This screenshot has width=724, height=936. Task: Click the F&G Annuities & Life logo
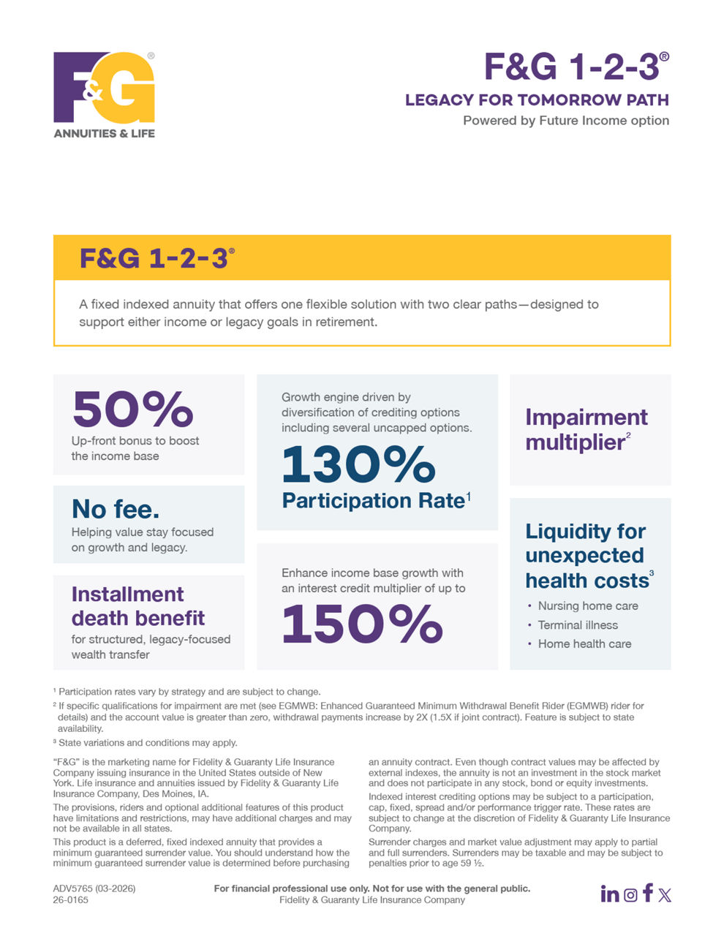(104, 94)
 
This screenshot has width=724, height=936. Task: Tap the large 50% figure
(132, 409)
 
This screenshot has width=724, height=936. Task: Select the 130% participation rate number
(358, 465)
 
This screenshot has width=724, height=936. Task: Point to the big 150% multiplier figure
(362, 624)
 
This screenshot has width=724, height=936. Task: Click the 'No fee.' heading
(116, 509)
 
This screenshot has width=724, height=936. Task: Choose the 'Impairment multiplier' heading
(586, 429)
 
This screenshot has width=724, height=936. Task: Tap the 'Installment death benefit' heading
(137, 606)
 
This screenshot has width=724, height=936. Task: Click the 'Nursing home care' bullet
(588, 606)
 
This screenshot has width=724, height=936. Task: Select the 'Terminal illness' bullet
(578, 625)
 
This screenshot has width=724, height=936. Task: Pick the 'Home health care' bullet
(584, 644)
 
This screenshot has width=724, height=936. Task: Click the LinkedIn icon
(610, 894)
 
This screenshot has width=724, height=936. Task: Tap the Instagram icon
(630, 894)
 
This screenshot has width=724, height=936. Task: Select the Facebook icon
(648, 893)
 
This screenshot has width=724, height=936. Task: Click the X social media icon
(665, 894)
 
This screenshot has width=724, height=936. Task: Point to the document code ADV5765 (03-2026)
(94, 889)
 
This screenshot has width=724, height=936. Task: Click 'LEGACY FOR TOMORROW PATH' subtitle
(537, 100)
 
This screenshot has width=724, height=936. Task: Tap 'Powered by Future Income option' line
(566, 121)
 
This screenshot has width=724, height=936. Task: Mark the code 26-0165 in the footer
(70, 900)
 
